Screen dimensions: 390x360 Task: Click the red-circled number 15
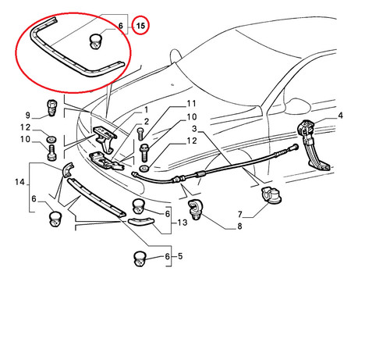point(140,26)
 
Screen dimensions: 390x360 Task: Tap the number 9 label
point(28,115)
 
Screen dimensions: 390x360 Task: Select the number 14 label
point(19,182)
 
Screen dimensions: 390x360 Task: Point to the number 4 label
point(340,116)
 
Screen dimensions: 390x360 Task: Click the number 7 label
point(240,214)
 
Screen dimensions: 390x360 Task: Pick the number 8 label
point(239,226)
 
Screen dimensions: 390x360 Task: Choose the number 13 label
point(183,223)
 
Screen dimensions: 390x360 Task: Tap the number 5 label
point(180,256)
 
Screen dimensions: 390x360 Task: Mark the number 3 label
point(195,129)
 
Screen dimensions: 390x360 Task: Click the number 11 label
point(191,104)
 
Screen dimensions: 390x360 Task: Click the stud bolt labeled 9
point(51,108)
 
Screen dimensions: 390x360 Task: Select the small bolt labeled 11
point(140,134)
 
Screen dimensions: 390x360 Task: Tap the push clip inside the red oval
point(96,41)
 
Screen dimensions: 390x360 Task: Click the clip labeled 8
point(195,210)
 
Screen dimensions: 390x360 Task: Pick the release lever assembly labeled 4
point(313,145)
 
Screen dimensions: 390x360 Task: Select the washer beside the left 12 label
point(51,140)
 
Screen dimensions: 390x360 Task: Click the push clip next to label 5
point(140,258)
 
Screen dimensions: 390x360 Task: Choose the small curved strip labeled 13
point(141,221)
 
